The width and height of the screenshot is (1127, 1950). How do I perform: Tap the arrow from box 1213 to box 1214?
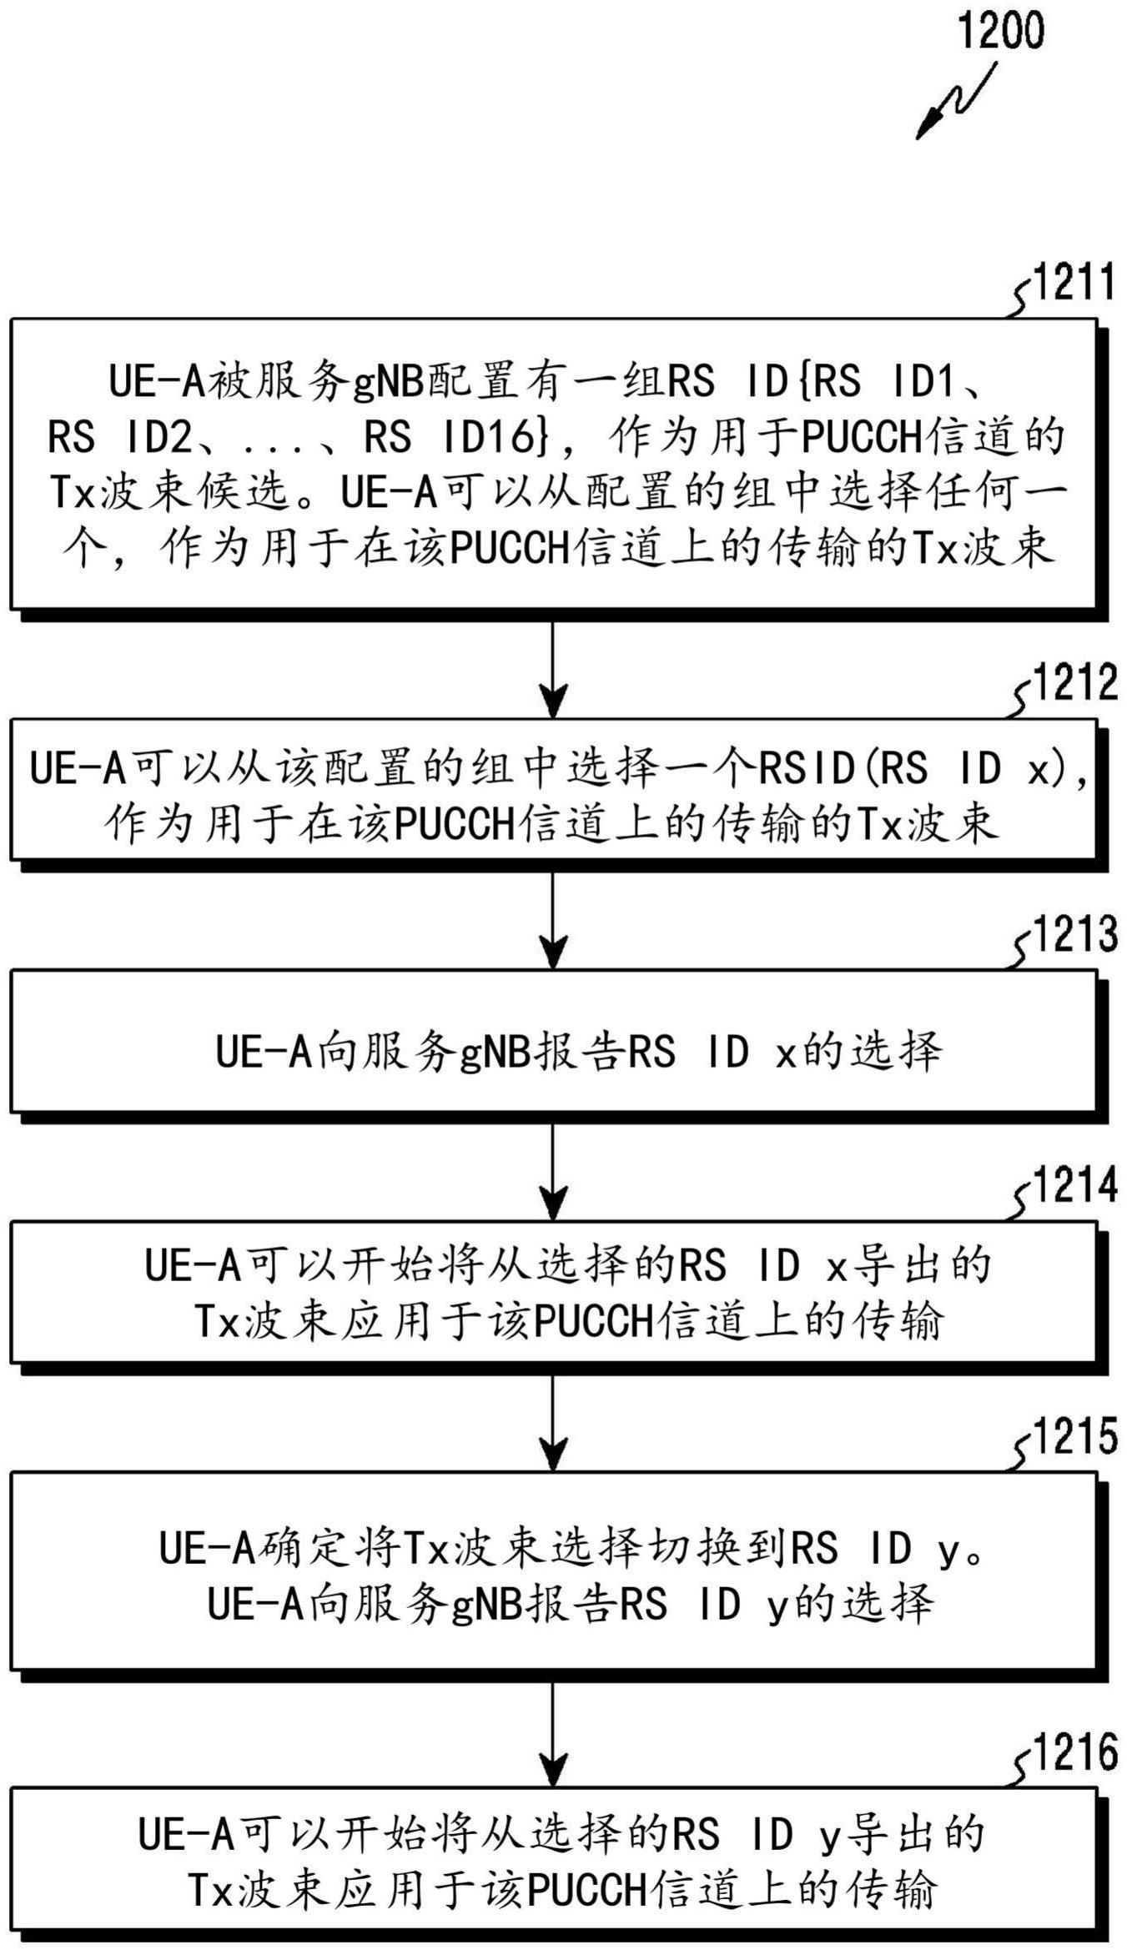coord(553,1172)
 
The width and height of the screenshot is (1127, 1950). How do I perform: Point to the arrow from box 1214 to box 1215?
coord(553,1423)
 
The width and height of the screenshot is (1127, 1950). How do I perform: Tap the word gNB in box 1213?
coord(496,1052)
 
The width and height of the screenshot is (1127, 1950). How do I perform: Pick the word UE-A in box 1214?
coord(193,1265)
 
